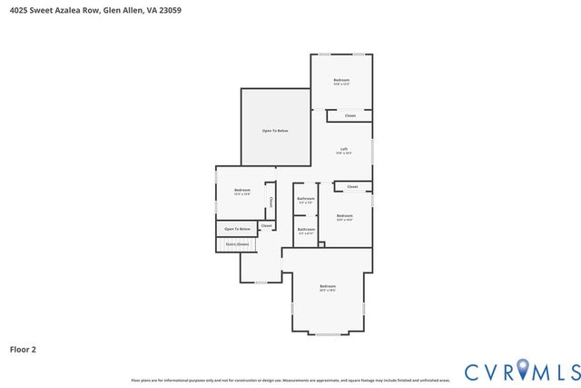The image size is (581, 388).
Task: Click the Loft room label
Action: tap(344, 149)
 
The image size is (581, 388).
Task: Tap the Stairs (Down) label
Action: tap(237, 244)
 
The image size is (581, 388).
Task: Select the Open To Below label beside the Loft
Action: tap(275, 132)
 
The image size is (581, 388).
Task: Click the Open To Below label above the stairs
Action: tap(237, 229)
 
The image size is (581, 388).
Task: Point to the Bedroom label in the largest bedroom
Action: tap(328, 287)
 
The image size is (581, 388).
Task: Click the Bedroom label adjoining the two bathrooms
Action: tap(344, 215)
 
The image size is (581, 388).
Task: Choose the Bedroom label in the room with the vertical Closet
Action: tap(241, 190)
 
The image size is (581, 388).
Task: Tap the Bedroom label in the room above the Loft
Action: tap(341, 80)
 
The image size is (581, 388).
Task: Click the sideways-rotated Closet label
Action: tap(270, 202)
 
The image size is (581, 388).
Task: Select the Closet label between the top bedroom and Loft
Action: tap(350, 115)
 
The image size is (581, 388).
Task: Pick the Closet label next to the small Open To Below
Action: tap(266, 225)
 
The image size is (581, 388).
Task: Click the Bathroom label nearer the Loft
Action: tap(306, 198)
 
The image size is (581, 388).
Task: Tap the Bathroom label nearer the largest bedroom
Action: tap(306, 229)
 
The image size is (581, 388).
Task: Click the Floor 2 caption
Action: tap(23, 349)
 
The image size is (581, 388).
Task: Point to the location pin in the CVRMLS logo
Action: tap(522, 369)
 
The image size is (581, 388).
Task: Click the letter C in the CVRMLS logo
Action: tap(472, 372)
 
